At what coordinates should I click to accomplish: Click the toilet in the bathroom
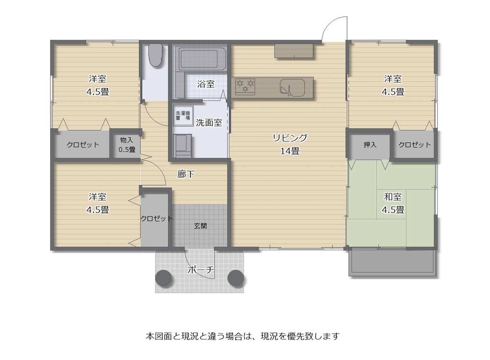(156, 55)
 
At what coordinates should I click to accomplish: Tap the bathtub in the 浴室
(200, 58)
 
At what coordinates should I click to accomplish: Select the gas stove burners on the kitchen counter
(245, 86)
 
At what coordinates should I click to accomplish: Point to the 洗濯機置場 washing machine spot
(183, 116)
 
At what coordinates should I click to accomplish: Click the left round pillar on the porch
(164, 278)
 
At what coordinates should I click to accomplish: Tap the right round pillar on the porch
(235, 278)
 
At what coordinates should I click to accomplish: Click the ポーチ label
(200, 270)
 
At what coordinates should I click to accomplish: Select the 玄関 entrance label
(200, 225)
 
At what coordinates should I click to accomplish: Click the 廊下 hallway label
(186, 174)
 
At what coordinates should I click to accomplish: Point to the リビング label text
(290, 137)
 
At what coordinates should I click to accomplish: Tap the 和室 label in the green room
(393, 197)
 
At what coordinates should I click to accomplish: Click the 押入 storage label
(370, 145)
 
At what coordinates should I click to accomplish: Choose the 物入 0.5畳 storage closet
(126, 145)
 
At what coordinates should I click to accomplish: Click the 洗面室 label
(209, 123)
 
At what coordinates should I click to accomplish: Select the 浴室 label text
(206, 84)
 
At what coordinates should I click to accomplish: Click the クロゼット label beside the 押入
(414, 145)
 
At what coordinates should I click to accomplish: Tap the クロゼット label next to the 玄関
(156, 218)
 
